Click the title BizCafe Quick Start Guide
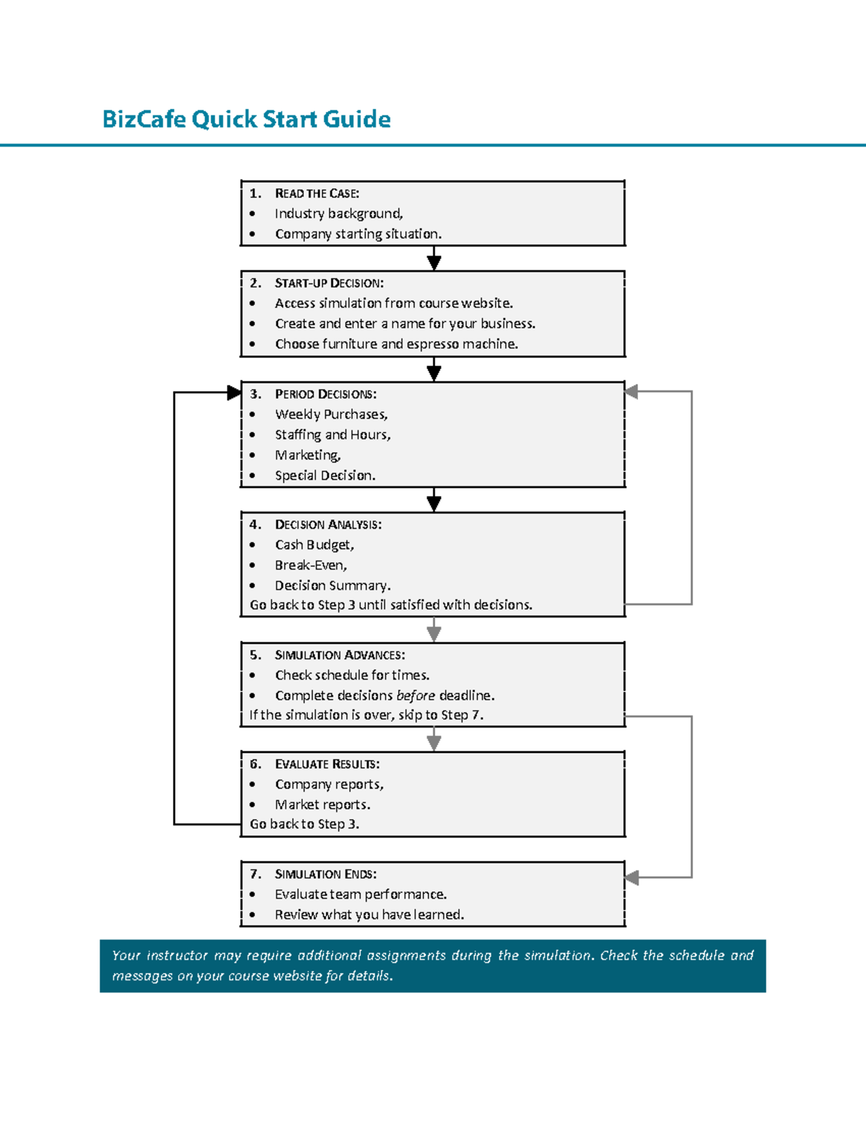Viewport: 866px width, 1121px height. tap(246, 119)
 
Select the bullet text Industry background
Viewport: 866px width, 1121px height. tap(338, 214)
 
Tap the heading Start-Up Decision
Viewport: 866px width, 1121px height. tap(328, 283)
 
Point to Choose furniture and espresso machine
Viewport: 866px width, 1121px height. tap(396, 344)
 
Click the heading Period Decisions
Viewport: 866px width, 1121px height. tap(325, 394)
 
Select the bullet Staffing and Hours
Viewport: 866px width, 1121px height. tap(332, 435)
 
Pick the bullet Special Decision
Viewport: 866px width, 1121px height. tap(325, 476)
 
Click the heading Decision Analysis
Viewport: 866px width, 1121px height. tap(328, 525)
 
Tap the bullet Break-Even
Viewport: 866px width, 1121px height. tap(310, 565)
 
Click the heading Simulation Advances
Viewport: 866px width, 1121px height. tap(339, 655)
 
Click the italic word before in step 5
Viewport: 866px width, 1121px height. tap(416, 696)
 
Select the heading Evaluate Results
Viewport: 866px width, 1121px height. tap(326, 764)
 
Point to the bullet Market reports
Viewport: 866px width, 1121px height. tap(322, 805)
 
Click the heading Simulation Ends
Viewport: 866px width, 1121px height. tap(325, 874)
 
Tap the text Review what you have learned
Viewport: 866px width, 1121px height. tap(369, 915)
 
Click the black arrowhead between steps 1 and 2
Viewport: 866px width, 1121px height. tap(434, 262)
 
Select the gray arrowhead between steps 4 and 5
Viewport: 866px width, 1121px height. tap(434, 634)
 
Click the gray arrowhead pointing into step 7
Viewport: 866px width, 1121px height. tap(632, 878)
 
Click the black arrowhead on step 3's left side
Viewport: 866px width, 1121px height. tap(234, 393)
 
